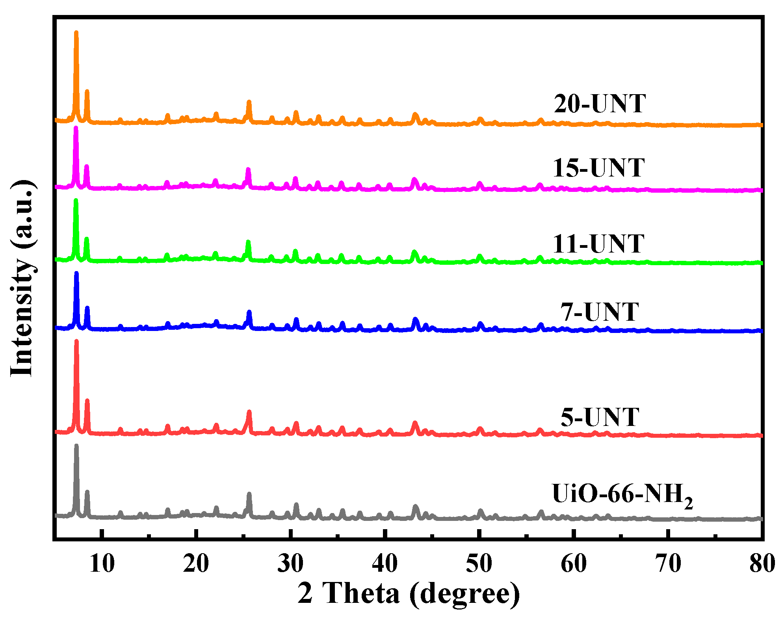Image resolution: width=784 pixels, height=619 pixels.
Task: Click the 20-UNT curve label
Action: coord(600,104)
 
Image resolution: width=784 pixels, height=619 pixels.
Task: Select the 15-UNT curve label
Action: coord(598,168)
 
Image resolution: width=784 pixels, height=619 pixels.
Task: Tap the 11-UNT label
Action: coord(598,244)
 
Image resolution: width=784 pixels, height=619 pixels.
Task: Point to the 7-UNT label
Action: coord(599,312)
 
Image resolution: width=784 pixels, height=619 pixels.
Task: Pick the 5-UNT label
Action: coord(599,417)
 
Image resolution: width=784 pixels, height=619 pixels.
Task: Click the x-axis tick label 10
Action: coord(102,563)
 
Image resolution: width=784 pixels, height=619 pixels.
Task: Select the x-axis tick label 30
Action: coord(290,563)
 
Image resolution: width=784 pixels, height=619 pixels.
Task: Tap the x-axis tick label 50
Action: coord(479,563)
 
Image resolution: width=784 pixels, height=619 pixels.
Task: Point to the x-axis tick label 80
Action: coord(762,563)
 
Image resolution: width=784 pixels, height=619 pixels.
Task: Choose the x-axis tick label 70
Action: coord(668,563)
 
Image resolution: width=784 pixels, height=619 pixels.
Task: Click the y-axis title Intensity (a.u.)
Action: coord(22,278)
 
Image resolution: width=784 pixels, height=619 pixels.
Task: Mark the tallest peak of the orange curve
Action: coord(76,32)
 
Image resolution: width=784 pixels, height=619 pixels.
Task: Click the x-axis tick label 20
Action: coord(196,563)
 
